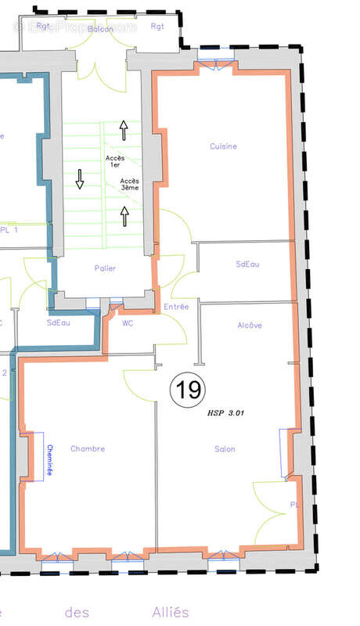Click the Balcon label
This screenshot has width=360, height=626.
tap(100, 28)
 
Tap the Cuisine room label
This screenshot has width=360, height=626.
tap(223, 146)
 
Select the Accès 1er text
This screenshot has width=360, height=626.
tap(115, 162)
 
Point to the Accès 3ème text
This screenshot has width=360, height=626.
tap(130, 185)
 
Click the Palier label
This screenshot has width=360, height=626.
tap(105, 268)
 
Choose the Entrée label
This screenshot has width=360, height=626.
tap(176, 308)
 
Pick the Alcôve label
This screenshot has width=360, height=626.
tap(249, 326)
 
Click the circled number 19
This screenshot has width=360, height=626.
tap(188, 389)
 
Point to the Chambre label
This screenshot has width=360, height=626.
tap(87, 449)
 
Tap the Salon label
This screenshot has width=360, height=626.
tap(225, 449)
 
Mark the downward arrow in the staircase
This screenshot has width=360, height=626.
tap(80, 179)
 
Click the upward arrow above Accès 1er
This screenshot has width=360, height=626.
tap(123, 130)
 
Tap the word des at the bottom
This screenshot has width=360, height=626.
tap(77, 612)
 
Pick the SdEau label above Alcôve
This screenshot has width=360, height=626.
tap(247, 264)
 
